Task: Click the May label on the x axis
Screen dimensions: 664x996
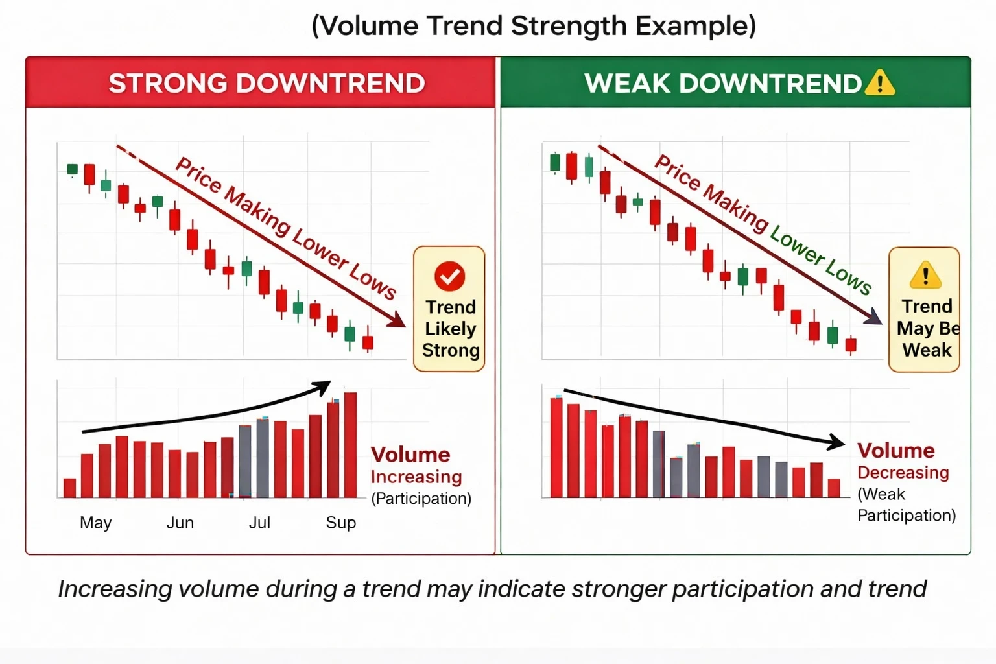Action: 95,523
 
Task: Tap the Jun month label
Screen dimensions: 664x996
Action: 180,523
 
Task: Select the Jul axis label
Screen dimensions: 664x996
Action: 259,523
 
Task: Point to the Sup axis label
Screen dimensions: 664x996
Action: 340,523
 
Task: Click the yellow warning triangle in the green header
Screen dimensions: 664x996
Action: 880,84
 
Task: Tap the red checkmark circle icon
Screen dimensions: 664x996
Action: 449,276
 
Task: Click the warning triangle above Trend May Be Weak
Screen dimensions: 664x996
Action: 925,276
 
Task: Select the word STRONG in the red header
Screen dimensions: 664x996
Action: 168,84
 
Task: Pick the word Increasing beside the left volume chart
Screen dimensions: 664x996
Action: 416,477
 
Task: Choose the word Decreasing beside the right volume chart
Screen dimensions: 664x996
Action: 903,473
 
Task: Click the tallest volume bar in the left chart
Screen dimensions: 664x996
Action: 350,445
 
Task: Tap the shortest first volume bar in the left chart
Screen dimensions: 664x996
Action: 70,488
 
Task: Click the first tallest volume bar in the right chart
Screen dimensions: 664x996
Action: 556,447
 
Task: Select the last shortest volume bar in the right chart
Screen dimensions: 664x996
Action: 834,488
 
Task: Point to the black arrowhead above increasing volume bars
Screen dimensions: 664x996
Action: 322,388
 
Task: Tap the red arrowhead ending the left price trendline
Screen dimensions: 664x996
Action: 396,320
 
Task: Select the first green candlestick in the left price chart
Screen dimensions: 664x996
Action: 73,170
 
